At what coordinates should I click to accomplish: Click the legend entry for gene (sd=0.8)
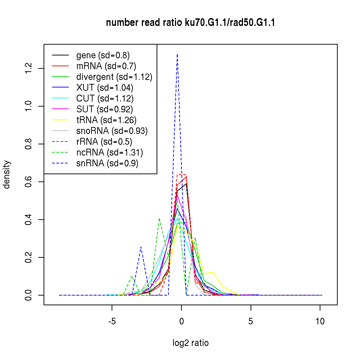coord(103,55)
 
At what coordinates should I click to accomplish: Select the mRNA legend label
coord(106,66)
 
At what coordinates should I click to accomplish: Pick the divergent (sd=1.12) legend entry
coord(114,77)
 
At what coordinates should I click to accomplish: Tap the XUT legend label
coord(105,87)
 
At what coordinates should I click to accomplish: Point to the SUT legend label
coord(105,109)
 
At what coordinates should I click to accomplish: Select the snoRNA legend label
coord(112,131)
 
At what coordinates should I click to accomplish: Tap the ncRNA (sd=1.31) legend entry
coord(110,152)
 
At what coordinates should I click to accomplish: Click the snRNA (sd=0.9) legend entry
coord(107,163)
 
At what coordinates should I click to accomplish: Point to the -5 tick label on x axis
coord(112,321)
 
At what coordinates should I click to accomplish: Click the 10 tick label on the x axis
coord(320,321)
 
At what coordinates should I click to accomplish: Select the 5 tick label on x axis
coord(251,321)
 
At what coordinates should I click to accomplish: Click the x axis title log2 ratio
coord(190,343)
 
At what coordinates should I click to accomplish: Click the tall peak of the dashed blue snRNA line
coord(177,55)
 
